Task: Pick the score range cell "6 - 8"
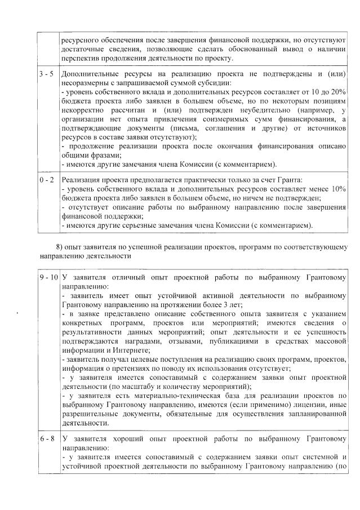[x=47, y=438]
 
